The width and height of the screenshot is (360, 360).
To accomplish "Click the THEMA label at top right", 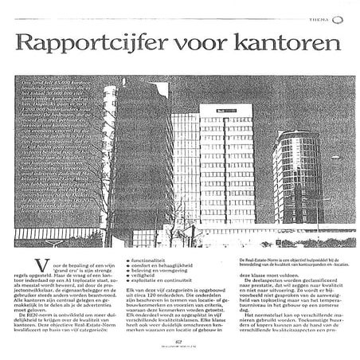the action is tap(324, 10).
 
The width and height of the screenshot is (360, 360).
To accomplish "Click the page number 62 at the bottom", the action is tap(180, 343).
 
